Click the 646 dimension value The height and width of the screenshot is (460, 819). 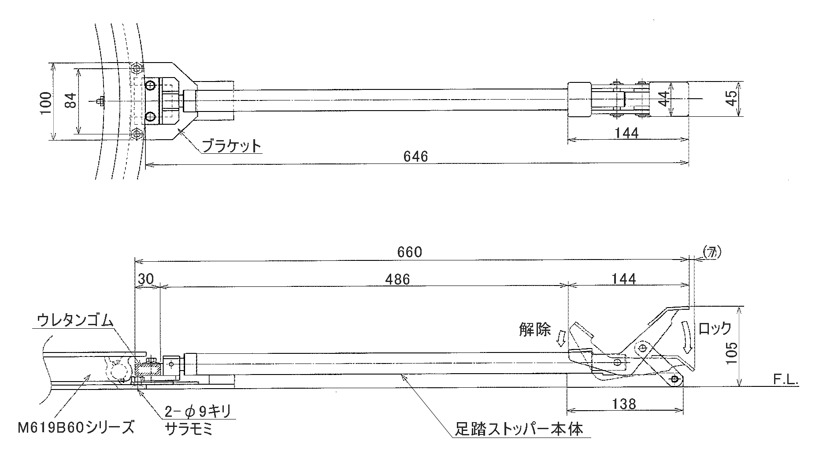[415, 156]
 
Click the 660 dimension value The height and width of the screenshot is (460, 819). [409, 252]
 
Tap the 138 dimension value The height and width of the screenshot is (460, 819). [624, 404]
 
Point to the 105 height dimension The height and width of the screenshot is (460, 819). [731, 352]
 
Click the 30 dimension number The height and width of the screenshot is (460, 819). [146, 279]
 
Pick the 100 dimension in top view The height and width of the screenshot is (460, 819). [45, 103]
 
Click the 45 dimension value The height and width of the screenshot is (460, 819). [731, 98]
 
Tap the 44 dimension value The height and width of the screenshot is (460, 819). [664, 99]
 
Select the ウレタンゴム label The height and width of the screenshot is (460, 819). [74, 319]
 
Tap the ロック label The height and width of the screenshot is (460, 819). [715, 328]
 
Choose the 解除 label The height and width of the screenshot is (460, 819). [535, 330]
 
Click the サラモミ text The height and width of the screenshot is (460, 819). [189, 429]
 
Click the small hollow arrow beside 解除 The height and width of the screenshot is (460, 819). [561, 339]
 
